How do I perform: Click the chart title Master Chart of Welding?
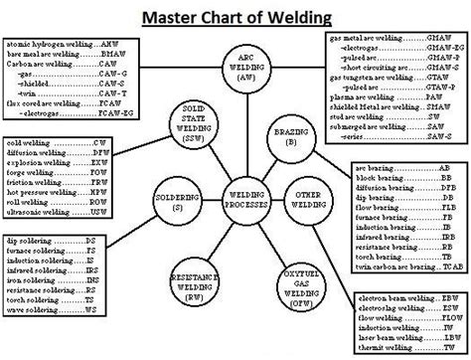pos(236,17)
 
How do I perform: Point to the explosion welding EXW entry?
pos(56,163)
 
